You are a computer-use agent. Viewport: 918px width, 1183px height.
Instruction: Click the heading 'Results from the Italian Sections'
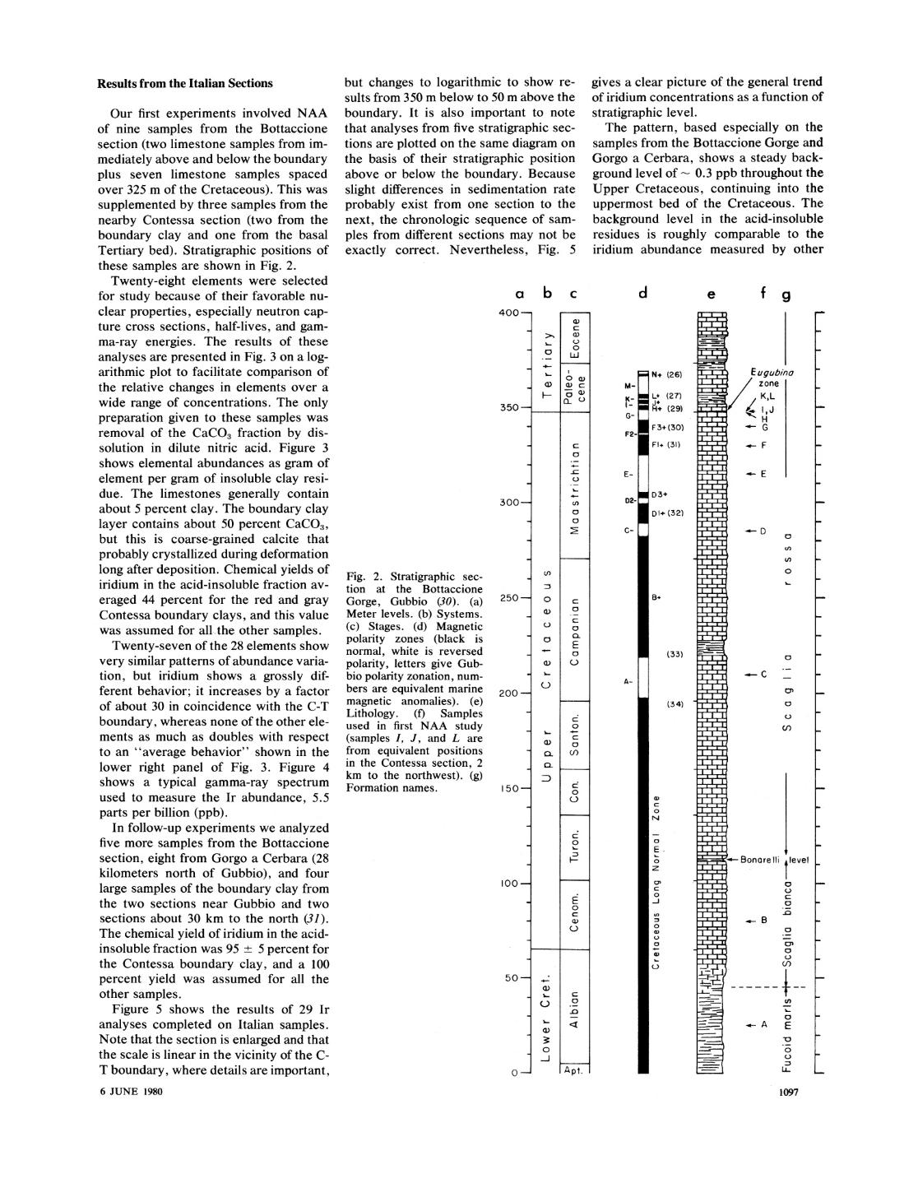pos(185,83)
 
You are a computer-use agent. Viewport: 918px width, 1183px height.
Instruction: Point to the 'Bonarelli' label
pos(760,861)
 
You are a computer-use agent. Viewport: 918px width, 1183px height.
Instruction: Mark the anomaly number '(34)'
pos(675,703)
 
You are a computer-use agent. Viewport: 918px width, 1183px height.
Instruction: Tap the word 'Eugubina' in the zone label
pos(770,373)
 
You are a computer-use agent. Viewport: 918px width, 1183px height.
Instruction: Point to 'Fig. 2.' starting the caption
pos(364,577)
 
